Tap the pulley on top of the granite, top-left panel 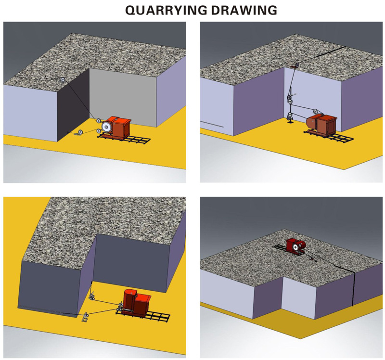click(62, 80)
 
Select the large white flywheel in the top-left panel click(105, 128)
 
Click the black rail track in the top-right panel click(337, 138)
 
